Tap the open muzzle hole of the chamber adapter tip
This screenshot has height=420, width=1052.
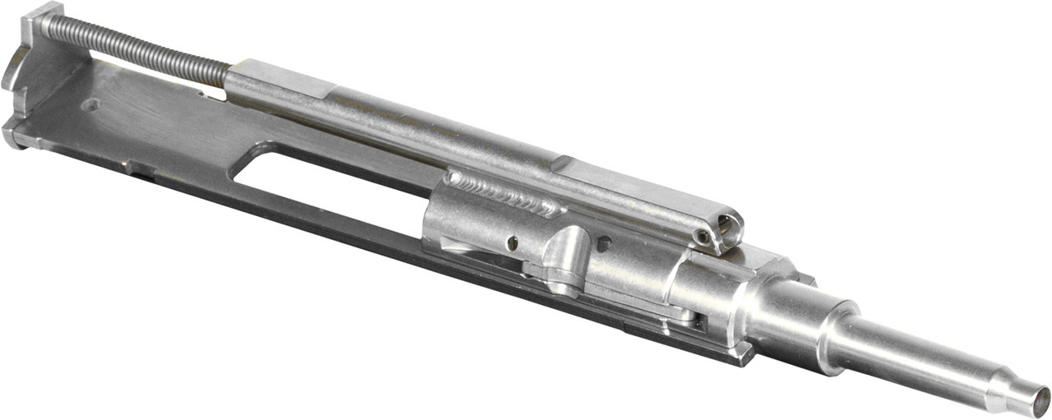click(x=1038, y=404)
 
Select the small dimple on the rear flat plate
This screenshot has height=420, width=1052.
click(x=92, y=105)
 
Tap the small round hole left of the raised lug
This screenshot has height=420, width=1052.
click(x=512, y=242)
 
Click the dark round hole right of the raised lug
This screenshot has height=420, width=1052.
click(x=603, y=244)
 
